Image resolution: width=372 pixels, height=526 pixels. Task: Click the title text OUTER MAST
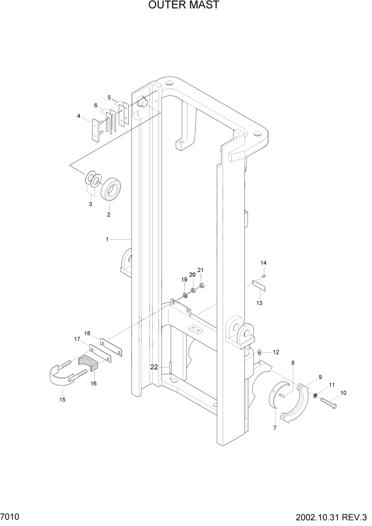(x=184, y=6)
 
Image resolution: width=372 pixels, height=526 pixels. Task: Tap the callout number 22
(x=154, y=367)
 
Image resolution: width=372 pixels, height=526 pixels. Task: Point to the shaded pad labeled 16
(x=88, y=363)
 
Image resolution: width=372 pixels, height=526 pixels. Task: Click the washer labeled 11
(x=315, y=395)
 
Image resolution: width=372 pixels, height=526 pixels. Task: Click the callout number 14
(x=263, y=263)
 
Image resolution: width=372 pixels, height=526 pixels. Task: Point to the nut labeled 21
(x=202, y=286)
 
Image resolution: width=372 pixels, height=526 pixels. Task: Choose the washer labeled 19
(x=185, y=294)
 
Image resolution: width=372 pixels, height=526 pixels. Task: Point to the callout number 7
(x=274, y=427)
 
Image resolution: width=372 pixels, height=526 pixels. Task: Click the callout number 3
(x=90, y=204)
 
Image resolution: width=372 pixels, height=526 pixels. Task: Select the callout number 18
(x=87, y=334)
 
